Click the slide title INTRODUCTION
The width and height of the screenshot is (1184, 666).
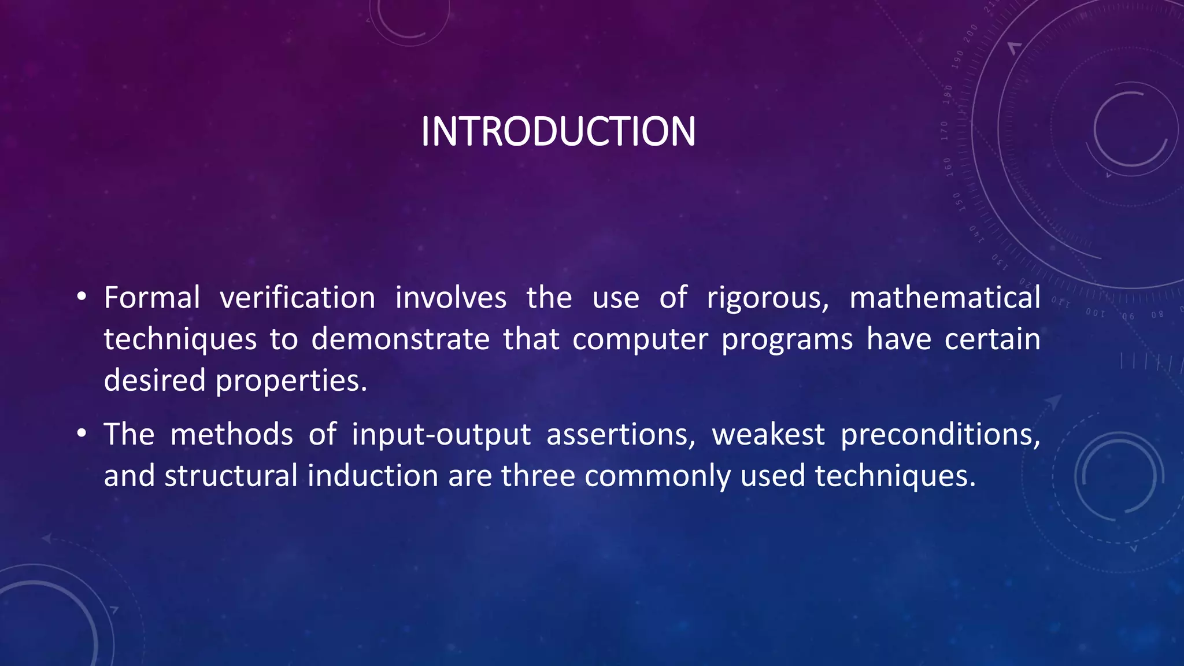tap(558, 132)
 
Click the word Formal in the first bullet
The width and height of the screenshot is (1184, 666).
tap(152, 298)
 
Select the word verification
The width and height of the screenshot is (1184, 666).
tap(298, 298)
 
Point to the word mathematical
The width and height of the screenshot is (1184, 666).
tap(945, 298)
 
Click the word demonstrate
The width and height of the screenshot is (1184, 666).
tap(400, 339)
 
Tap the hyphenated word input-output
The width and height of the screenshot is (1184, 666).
tap(441, 435)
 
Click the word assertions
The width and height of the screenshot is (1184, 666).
tap(621, 435)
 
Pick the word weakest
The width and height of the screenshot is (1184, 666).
tap(768, 435)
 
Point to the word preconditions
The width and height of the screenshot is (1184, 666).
tap(940, 435)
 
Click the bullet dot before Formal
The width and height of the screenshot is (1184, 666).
tap(82, 298)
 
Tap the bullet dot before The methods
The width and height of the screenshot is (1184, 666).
tap(82, 434)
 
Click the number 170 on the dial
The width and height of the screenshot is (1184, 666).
tap(944, 131)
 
